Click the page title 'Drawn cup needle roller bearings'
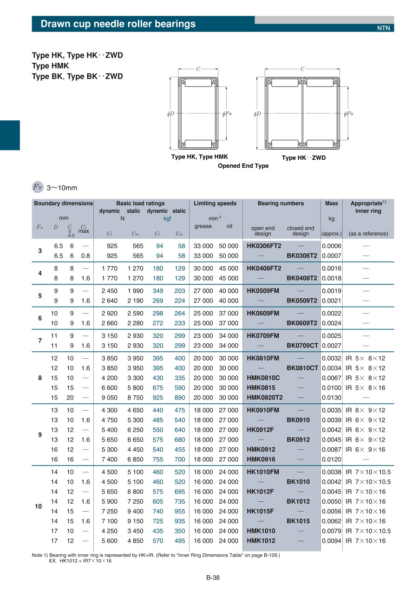[x=118, y=24]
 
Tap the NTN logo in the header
[x=383, y=28]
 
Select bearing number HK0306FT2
[x=264, y=246]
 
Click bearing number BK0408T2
[x=301, y=278]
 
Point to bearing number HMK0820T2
[x=264, y=398]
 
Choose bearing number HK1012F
[x=260, y=492]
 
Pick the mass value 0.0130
[x=331, y=398]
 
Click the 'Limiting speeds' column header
[x=215, y=204]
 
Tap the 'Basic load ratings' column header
[x=140, y=204]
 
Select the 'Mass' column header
[x=331, y=204]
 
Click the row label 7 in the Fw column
[x=40, y=341]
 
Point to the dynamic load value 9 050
[x=109, y=398]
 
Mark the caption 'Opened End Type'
[x=243, y=166]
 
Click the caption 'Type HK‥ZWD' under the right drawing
[x=304, y=158]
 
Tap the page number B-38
[x=213, y=578]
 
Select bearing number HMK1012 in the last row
[x=261, y=541]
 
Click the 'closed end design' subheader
[x=300, y=231]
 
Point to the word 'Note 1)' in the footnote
[x=40, y=555]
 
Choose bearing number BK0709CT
[x=302, y=346]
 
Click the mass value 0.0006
[x=331, y=246]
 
